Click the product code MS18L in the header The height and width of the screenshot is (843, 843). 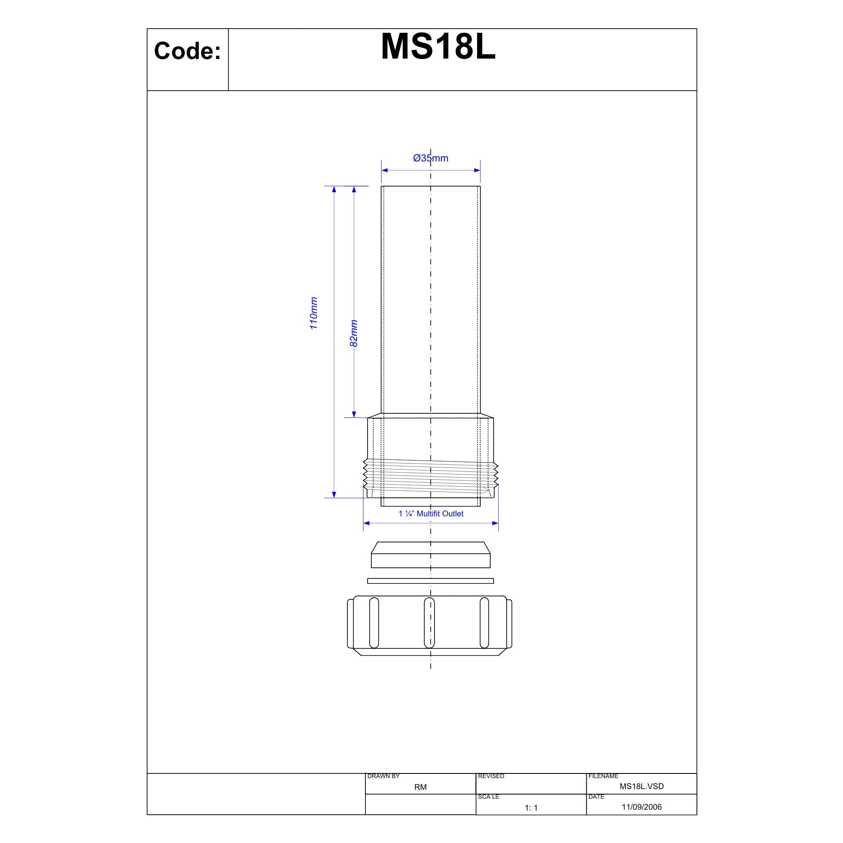[438, 47]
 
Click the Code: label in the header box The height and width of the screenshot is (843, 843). [188, 51]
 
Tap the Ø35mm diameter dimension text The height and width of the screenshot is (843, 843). [431, 158]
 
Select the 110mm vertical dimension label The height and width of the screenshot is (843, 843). [314, 313]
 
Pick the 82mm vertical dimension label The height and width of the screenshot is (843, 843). [354, 333]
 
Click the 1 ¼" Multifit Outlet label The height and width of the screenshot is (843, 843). [431, 513]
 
